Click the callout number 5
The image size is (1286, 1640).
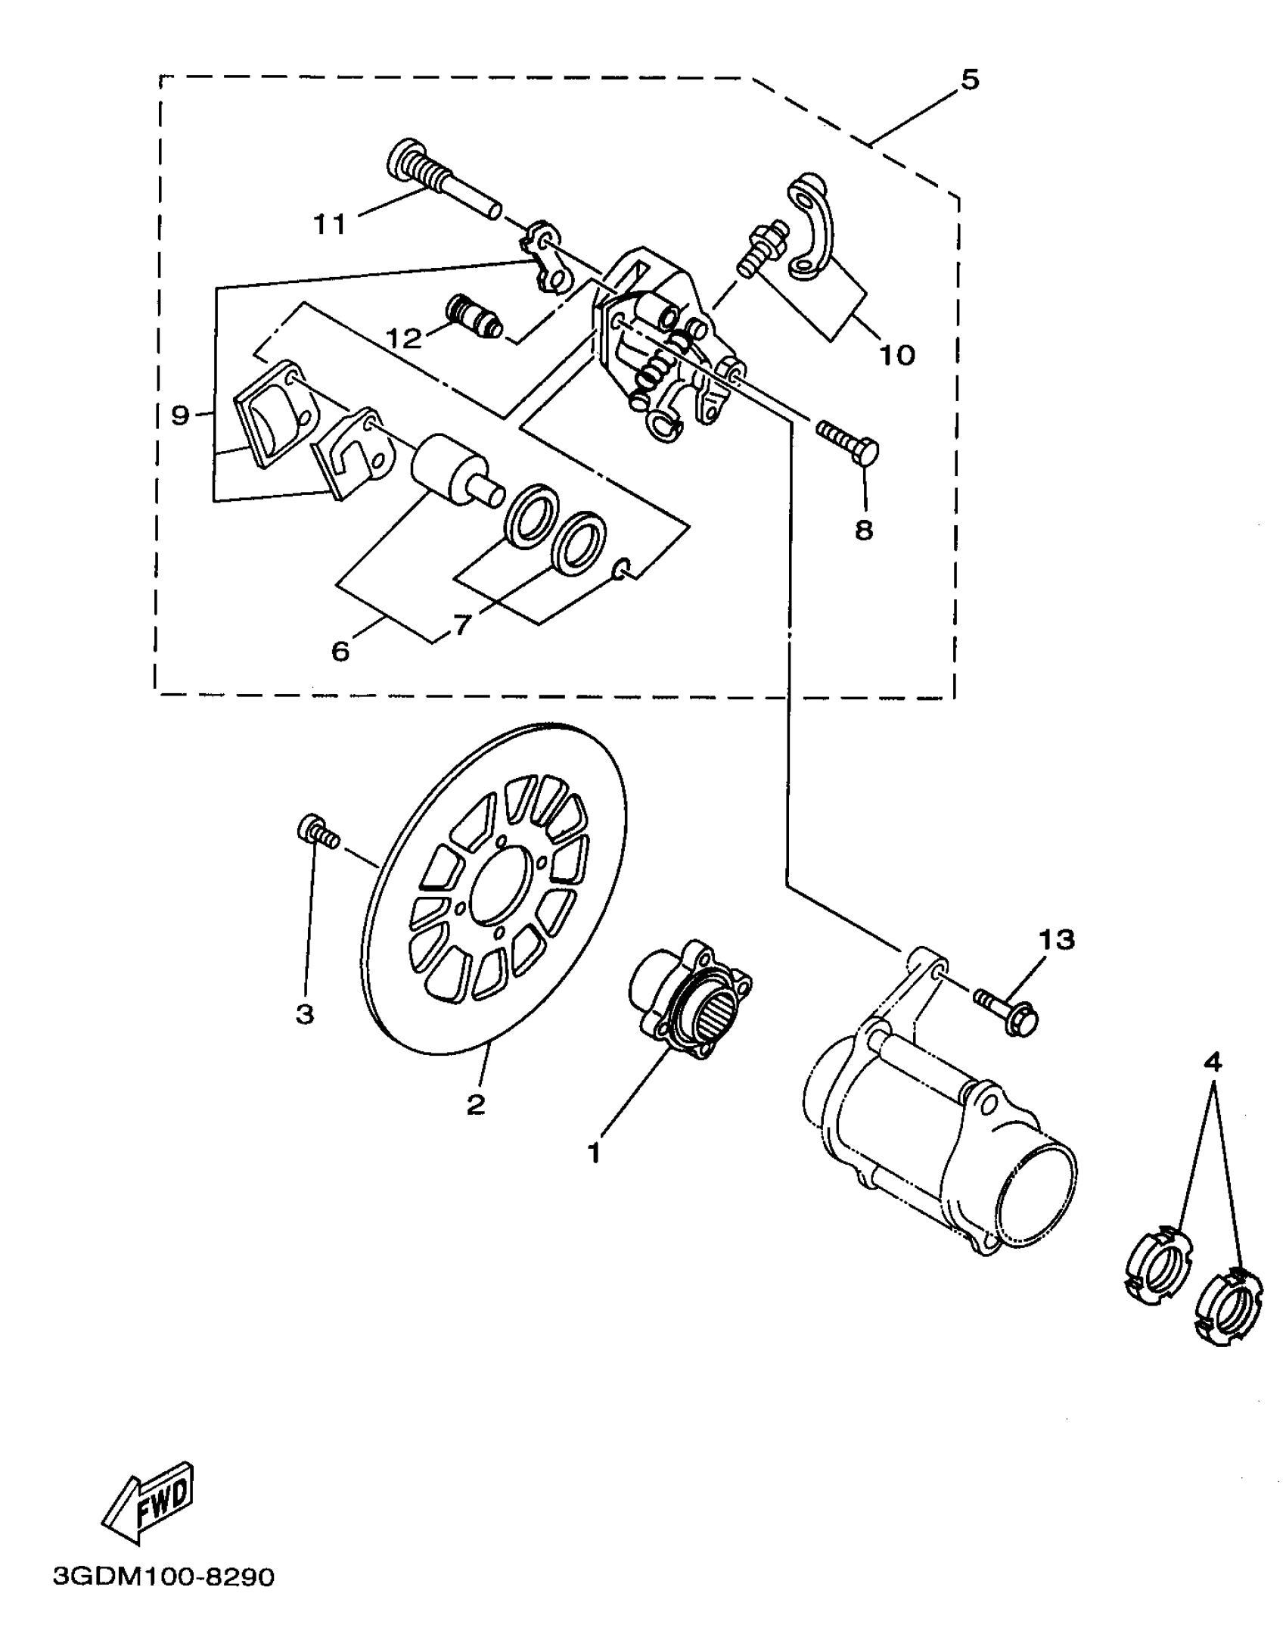[x=970, y=79]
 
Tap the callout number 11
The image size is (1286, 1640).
[x=329, y=224]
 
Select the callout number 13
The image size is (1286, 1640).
[x=1056, y=940]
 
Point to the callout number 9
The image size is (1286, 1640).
[x=179, y=415]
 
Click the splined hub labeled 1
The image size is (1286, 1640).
[x=688, y=999]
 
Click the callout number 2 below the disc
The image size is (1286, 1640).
[x=475, y=1105]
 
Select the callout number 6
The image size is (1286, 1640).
[x=340, y=651]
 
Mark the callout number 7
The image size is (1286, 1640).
[x=462, y=625]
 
